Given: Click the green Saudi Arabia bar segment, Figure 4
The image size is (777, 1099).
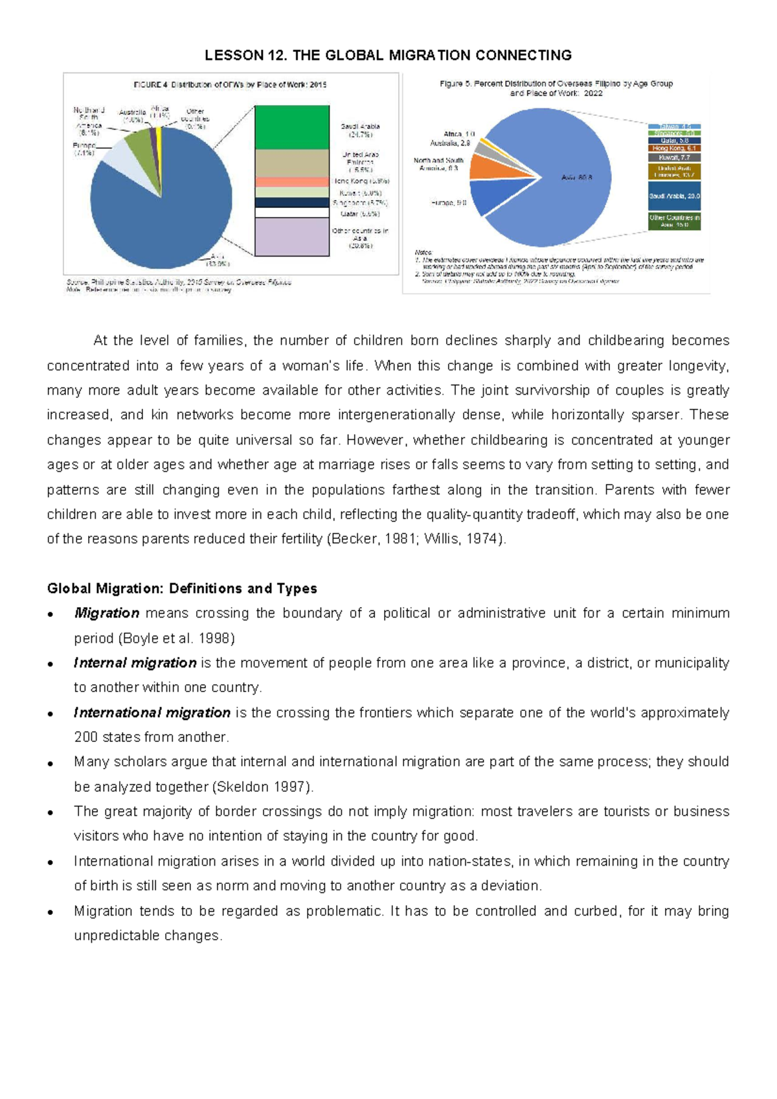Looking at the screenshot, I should (x=292, y=128).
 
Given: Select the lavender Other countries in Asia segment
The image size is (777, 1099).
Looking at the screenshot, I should (x=292, y=237).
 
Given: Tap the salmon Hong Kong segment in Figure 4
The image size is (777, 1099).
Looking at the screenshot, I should (x=292, y=182).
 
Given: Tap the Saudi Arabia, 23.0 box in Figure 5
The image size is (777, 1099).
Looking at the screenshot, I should (x=674, y=196).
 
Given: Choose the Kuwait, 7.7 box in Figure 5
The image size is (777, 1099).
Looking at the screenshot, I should (x=674, y=157).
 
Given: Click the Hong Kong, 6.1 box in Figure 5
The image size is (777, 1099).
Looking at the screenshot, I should (x=674, y=148).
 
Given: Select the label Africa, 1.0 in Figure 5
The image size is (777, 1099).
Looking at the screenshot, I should (x=459, y=134).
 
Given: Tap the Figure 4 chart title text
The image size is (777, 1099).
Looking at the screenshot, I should (x=230, y=85).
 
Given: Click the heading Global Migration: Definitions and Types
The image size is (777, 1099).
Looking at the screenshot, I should (x=182, y=588).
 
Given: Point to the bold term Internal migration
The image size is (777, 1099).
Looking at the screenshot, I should (x=135, y=662).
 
